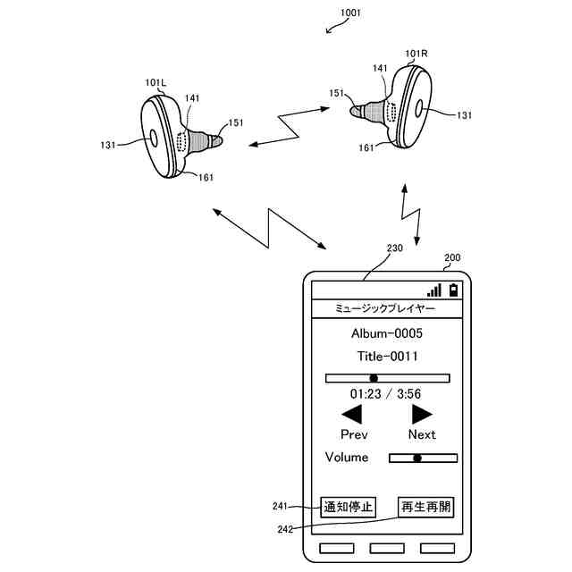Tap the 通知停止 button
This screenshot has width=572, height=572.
[x=348, y=508]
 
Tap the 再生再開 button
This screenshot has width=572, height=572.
[x=425, y=508]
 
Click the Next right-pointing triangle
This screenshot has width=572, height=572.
[x=422, y=414]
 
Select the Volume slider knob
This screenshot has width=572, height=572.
[x=416, y=458]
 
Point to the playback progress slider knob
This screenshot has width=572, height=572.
[x=374, y=378]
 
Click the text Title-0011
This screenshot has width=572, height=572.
[x=386, y=357]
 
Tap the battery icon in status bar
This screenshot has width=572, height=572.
[x=454, y=290]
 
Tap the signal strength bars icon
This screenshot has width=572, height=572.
[x=434, y=290]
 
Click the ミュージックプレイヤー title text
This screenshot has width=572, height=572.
[x=385, y=308]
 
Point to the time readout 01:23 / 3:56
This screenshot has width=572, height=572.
[x=385, y=393]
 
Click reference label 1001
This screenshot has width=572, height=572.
[x=350, y=13]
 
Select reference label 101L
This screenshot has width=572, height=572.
[x=156, y=82]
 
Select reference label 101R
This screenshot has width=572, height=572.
[x=416, y=54]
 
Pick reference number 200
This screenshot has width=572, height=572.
[x=452, y=257]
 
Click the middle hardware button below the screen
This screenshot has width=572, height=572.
[x=385, y=547]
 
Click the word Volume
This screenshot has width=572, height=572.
[x=347, y=458]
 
